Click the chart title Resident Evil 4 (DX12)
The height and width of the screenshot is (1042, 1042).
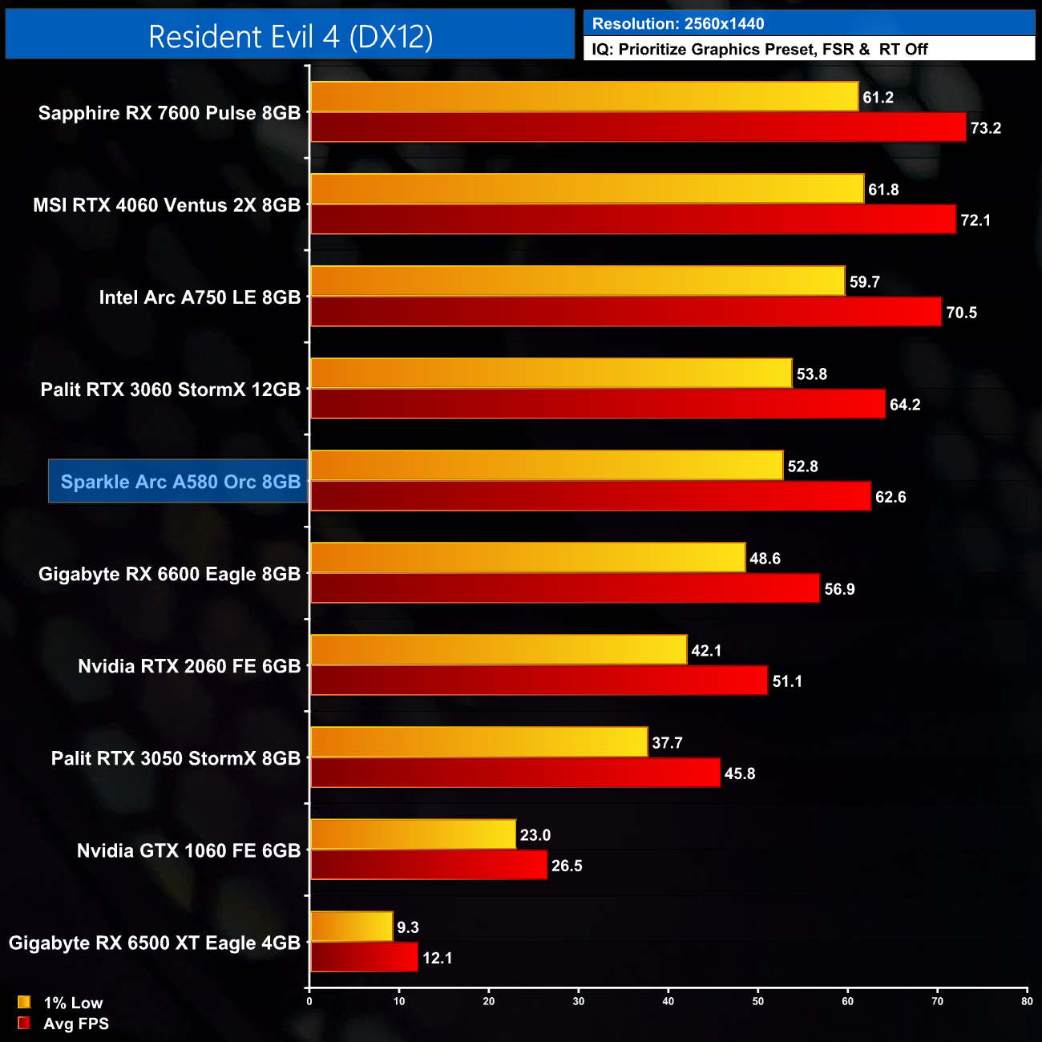[290, 36]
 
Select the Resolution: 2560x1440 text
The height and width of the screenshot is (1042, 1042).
[678, 24]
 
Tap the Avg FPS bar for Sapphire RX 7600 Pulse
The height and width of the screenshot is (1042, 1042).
[638, 127]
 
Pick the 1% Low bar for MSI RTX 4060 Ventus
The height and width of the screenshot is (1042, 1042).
[587, 189]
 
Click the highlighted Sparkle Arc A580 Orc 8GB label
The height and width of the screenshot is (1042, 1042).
[180, 482]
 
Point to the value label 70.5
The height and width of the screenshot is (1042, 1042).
[961, 313]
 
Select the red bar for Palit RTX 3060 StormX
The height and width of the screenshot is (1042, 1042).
[598, 404]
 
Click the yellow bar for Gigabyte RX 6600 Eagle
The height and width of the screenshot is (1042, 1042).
[527, 558]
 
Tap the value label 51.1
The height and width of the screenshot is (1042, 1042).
[787, 681]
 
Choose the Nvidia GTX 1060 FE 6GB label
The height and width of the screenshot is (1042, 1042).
[188, 850]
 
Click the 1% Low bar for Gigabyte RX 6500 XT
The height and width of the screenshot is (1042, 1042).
[351, 927]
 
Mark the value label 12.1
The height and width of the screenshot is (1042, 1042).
[437, 958]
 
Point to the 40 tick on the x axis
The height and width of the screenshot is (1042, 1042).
[668, 1001]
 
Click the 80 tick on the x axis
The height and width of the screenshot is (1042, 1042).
[1027, 1001]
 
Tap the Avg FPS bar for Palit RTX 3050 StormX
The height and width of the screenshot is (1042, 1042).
[515, 773]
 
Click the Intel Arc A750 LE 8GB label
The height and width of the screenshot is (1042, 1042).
[200, 297]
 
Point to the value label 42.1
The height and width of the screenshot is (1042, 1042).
[706, 651]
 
